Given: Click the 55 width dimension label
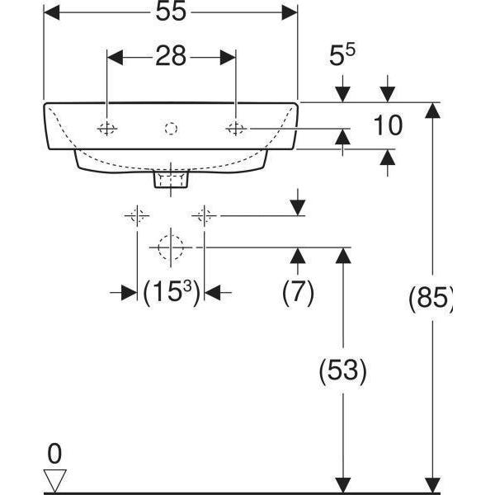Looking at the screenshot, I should click(169, 12).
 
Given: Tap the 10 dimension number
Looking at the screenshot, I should click(387, 125).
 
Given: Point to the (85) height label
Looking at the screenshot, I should click(431, 299).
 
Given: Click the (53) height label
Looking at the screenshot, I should click(342, 371).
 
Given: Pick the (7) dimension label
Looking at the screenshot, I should click(298, 293).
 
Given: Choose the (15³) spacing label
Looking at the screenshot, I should click(171, 293).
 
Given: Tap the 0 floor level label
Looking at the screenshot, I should click(54, 453).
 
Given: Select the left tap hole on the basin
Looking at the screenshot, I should click(106, 128).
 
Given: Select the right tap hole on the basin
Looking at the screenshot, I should click(236, 128).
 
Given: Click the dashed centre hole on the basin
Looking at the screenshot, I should click(171, 128).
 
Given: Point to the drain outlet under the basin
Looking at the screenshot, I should click(172, 178).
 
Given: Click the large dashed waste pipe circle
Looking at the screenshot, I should click(171, 246).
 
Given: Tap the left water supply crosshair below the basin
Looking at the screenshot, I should click(136, 216).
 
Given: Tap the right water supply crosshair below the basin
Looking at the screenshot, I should click(205, 216).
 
